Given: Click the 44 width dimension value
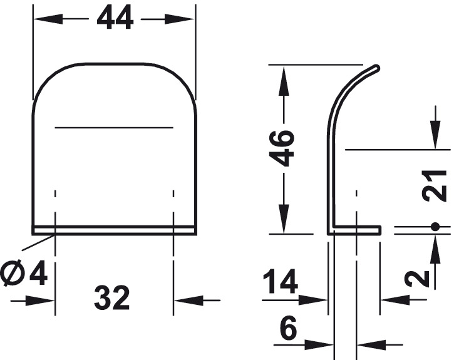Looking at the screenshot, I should click(115, 19).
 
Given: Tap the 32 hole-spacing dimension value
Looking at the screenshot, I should click(113, 299).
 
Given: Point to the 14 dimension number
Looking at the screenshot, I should click(280, 282).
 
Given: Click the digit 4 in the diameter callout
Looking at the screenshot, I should click(39, 274).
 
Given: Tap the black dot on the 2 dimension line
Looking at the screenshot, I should click(435, 226).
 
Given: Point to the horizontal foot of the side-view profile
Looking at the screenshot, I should click(357, 230).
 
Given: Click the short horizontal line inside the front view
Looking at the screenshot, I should click(114, 127).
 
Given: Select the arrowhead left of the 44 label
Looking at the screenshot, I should click(41, 19).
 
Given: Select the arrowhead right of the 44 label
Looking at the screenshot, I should click(188, 19).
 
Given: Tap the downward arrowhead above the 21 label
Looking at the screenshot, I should click(435, 140).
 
